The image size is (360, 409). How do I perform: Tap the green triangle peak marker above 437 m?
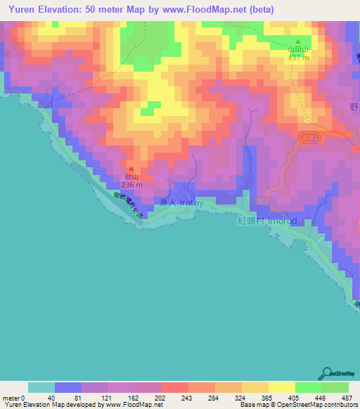[297, 41]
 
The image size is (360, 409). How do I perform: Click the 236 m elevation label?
[131, 185]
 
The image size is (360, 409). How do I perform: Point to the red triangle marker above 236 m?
[130, 169]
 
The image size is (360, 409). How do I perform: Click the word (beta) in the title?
[259, 9]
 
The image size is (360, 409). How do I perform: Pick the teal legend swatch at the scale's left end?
[41, 387]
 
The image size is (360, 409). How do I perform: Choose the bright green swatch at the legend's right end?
[335, 387]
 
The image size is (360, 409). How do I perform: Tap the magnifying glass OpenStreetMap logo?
[328, 373]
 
